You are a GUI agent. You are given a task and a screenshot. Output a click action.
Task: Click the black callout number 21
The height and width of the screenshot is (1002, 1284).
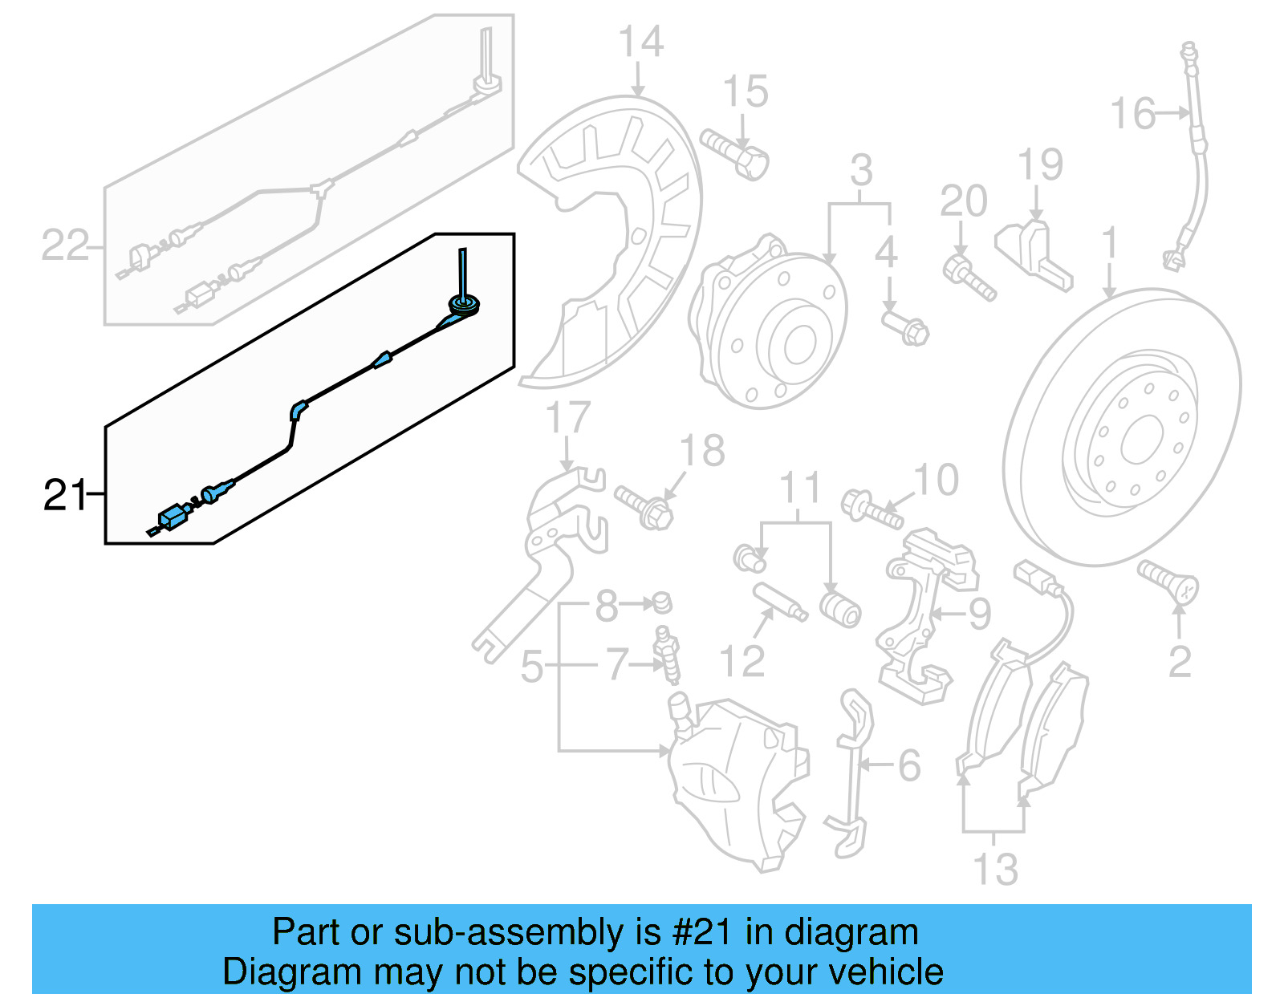coord(64,495)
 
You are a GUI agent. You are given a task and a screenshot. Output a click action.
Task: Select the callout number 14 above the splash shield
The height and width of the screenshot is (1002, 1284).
coord(640,42)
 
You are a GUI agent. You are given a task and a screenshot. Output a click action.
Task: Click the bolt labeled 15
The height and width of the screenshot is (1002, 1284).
coord(733,154)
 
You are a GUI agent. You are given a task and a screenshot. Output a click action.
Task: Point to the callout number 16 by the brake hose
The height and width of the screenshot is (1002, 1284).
coord(1132,114)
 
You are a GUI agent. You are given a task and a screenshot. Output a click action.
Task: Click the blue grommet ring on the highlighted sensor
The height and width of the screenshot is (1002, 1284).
coord(465,304)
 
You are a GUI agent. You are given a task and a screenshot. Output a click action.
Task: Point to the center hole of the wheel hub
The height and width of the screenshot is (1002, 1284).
coord(799,345)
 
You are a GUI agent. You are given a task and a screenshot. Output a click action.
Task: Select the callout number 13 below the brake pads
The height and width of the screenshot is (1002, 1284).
coord(995,869)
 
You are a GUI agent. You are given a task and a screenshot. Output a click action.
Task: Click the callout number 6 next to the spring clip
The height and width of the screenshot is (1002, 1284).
coord(908,765)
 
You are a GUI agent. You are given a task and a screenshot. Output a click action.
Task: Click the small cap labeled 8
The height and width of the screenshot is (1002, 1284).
coord(661,601)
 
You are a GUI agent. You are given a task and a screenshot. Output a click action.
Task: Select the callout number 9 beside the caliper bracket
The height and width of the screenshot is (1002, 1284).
coord(980,614)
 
